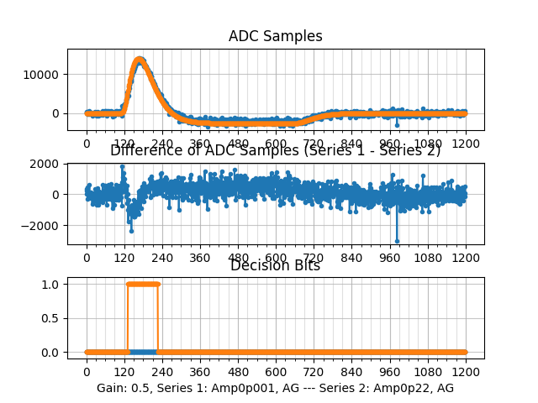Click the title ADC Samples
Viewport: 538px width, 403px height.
pyautogui.click(x=275, y=36)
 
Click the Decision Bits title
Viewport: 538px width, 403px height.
pyautogui.click(x=275, y=266)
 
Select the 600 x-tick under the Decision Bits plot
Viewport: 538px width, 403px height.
pyautogui.click(x=276, y=372)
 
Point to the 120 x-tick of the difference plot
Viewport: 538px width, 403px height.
pyautogui.click(x=124, y=258)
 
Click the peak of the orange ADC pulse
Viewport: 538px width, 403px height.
pyautogui.click(x=139, y=59)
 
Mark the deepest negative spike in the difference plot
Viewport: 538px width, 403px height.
pyautogui.click(x=397, y=241)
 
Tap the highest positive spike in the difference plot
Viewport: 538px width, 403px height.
pyautogui.click(x=123, y=166)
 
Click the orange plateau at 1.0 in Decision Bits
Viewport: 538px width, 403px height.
pyautogui.click(x=142, y=284)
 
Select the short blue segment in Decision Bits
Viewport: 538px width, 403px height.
pyautogui.click(x=143, y=352)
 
